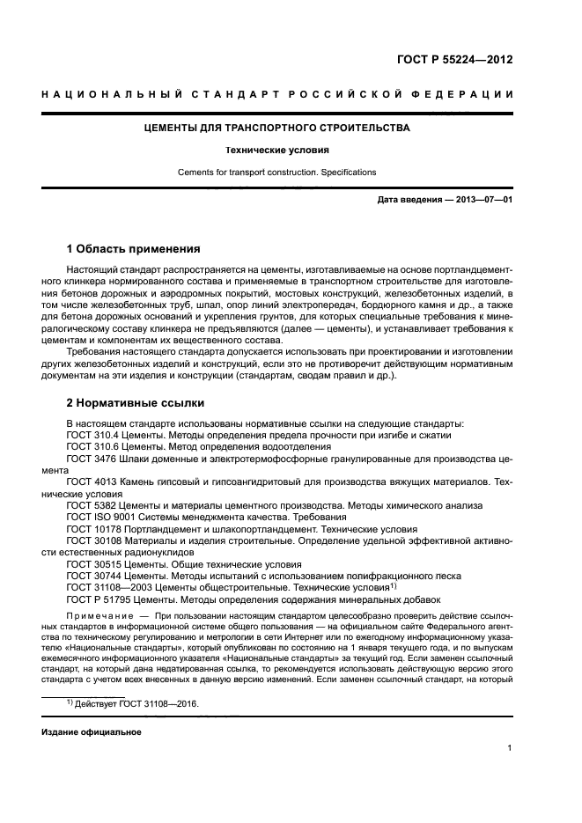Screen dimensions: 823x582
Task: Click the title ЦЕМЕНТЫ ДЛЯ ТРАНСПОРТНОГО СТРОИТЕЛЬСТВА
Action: pyautogui.click(x=276, y=128)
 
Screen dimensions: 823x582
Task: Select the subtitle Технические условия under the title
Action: pyautogui.click(x=276, y=150)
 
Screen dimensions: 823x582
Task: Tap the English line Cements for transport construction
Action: pyautogui.click(x=276, y=172)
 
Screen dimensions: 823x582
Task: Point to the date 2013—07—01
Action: pyautogui.click(x=481, y=201)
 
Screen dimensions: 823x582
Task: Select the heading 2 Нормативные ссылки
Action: pyautogui.click(x=136, y=403)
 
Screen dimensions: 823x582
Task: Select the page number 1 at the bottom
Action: pyautogui.click(x=510, y=749)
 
